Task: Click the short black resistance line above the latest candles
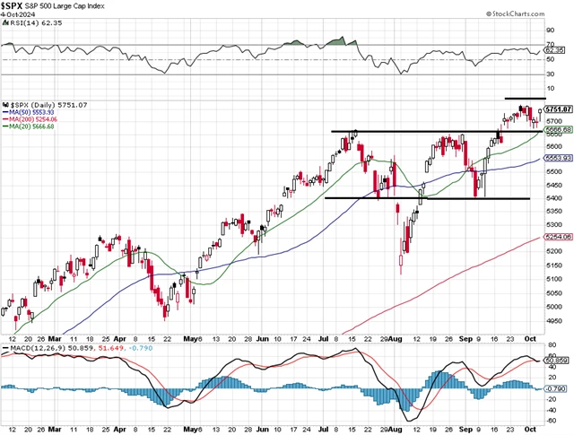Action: [x=525, y=98]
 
